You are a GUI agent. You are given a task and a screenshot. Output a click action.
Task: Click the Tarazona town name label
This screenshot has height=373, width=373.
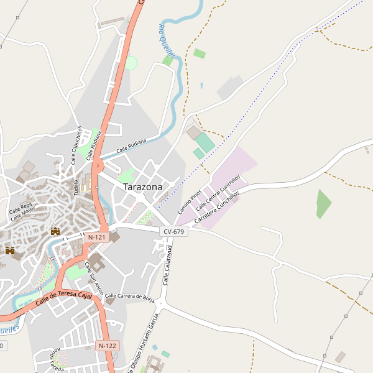coord(142,186)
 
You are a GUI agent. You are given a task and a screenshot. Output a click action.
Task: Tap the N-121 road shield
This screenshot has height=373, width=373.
coord(97,237)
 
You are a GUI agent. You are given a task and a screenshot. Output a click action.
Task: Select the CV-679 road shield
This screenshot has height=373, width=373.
coord(173,231)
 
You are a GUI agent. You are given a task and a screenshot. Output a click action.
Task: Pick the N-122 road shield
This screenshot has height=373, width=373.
coord(108,345)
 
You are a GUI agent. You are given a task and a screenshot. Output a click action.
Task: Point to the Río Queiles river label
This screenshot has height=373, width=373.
coord(166,40)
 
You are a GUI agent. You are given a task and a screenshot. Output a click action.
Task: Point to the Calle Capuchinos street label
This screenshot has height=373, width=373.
coord(76,144)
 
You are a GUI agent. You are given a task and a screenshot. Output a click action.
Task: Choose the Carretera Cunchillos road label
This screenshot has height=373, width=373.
coord(216,208)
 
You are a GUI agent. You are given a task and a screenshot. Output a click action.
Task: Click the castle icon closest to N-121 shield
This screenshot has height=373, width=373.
coord(55,231)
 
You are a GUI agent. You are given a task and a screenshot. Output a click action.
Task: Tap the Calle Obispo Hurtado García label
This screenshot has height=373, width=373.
coord(144,343)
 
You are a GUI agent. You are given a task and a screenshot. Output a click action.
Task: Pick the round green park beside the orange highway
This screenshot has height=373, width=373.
coord(131,62)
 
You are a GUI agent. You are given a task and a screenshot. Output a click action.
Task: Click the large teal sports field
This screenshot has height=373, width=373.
coord(205,142)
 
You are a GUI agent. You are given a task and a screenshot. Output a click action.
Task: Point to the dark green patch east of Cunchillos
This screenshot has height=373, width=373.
coord(323,203)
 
